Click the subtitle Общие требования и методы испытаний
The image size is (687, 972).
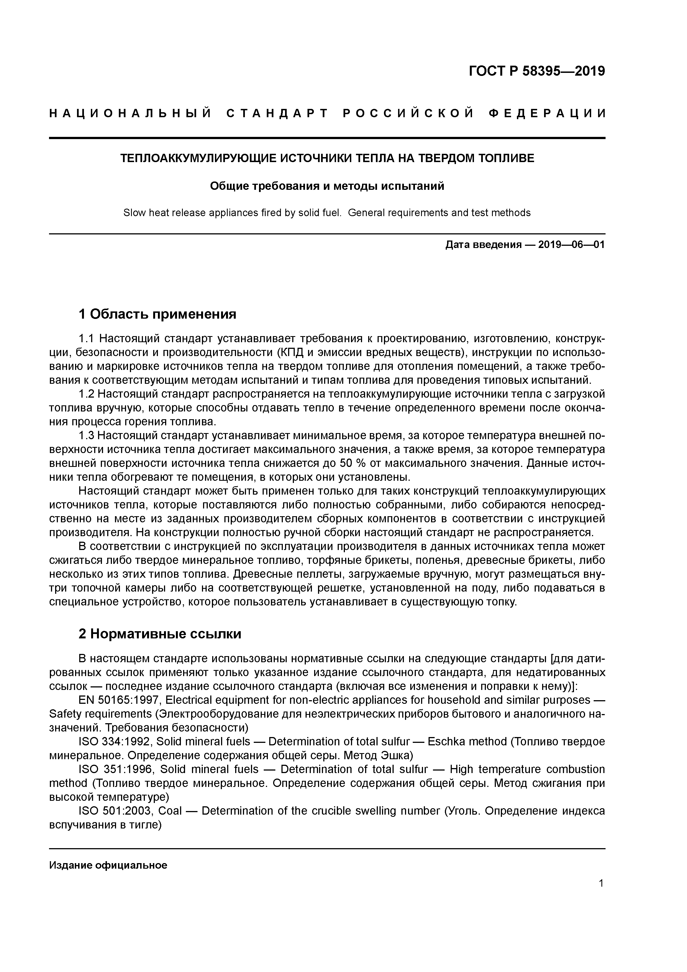point(327,186)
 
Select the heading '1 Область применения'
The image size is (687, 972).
point(157,314)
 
